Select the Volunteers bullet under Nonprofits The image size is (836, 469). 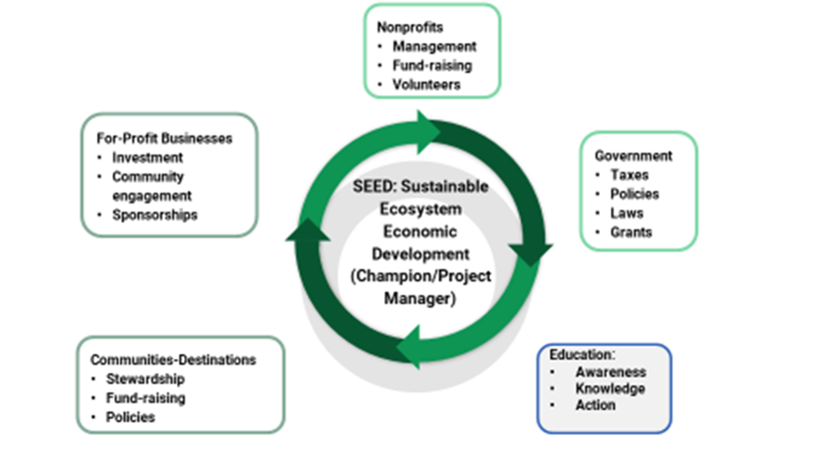coord(426,86)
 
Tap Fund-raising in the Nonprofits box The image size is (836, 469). coord(432,66)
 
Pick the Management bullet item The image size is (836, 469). coord(434,46)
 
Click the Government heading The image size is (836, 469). coord(633,154)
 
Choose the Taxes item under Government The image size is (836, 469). coord(630,174)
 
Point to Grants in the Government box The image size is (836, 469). coord(631,232)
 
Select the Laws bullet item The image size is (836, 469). coord(627,213)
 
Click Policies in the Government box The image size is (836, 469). coord(634,194)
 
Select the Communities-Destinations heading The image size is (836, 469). coord(173,359)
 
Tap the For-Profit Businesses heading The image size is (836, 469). coord(164,138)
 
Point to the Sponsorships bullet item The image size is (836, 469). coord(154,214)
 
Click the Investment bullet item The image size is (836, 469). coord(147,157)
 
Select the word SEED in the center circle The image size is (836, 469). coord(371,185)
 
